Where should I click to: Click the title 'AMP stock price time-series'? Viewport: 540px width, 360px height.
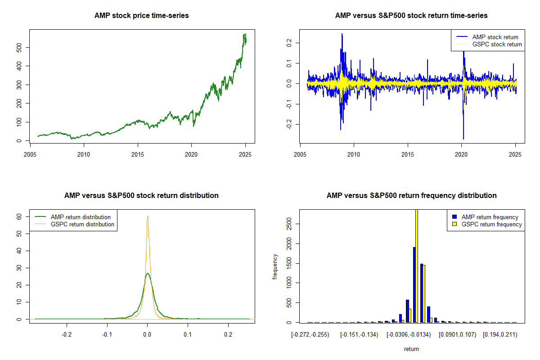point(141,15)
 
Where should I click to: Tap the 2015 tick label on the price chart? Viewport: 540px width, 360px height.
point(138,154)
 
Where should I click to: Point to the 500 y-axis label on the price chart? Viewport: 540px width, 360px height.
point(19,48)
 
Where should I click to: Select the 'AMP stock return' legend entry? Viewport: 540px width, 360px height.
point(487,37)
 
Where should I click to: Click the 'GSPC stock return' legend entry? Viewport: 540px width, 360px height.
point(489,45)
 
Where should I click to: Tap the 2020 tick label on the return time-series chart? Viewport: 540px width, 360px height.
point(461,154)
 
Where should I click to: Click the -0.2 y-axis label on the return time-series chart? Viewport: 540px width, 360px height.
point(289,124)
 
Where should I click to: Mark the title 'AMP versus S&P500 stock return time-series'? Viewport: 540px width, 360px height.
point(411,15)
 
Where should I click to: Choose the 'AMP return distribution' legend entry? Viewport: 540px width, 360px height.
point(73,217)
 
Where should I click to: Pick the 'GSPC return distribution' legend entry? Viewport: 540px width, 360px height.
point(75,224)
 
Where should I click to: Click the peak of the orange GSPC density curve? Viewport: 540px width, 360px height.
point(148,216)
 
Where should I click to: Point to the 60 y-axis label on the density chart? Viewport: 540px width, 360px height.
point(19,217)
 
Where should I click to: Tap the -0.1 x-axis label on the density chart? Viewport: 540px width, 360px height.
point(107,335)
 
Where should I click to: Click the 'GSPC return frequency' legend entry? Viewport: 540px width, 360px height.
point(487,224)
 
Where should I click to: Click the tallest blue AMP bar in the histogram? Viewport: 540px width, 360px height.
point(414,285)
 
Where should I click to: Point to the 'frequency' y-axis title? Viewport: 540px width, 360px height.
point(274,267)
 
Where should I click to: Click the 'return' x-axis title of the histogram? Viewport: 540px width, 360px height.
point(411,349)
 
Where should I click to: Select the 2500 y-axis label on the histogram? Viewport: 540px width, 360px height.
point(289,224)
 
